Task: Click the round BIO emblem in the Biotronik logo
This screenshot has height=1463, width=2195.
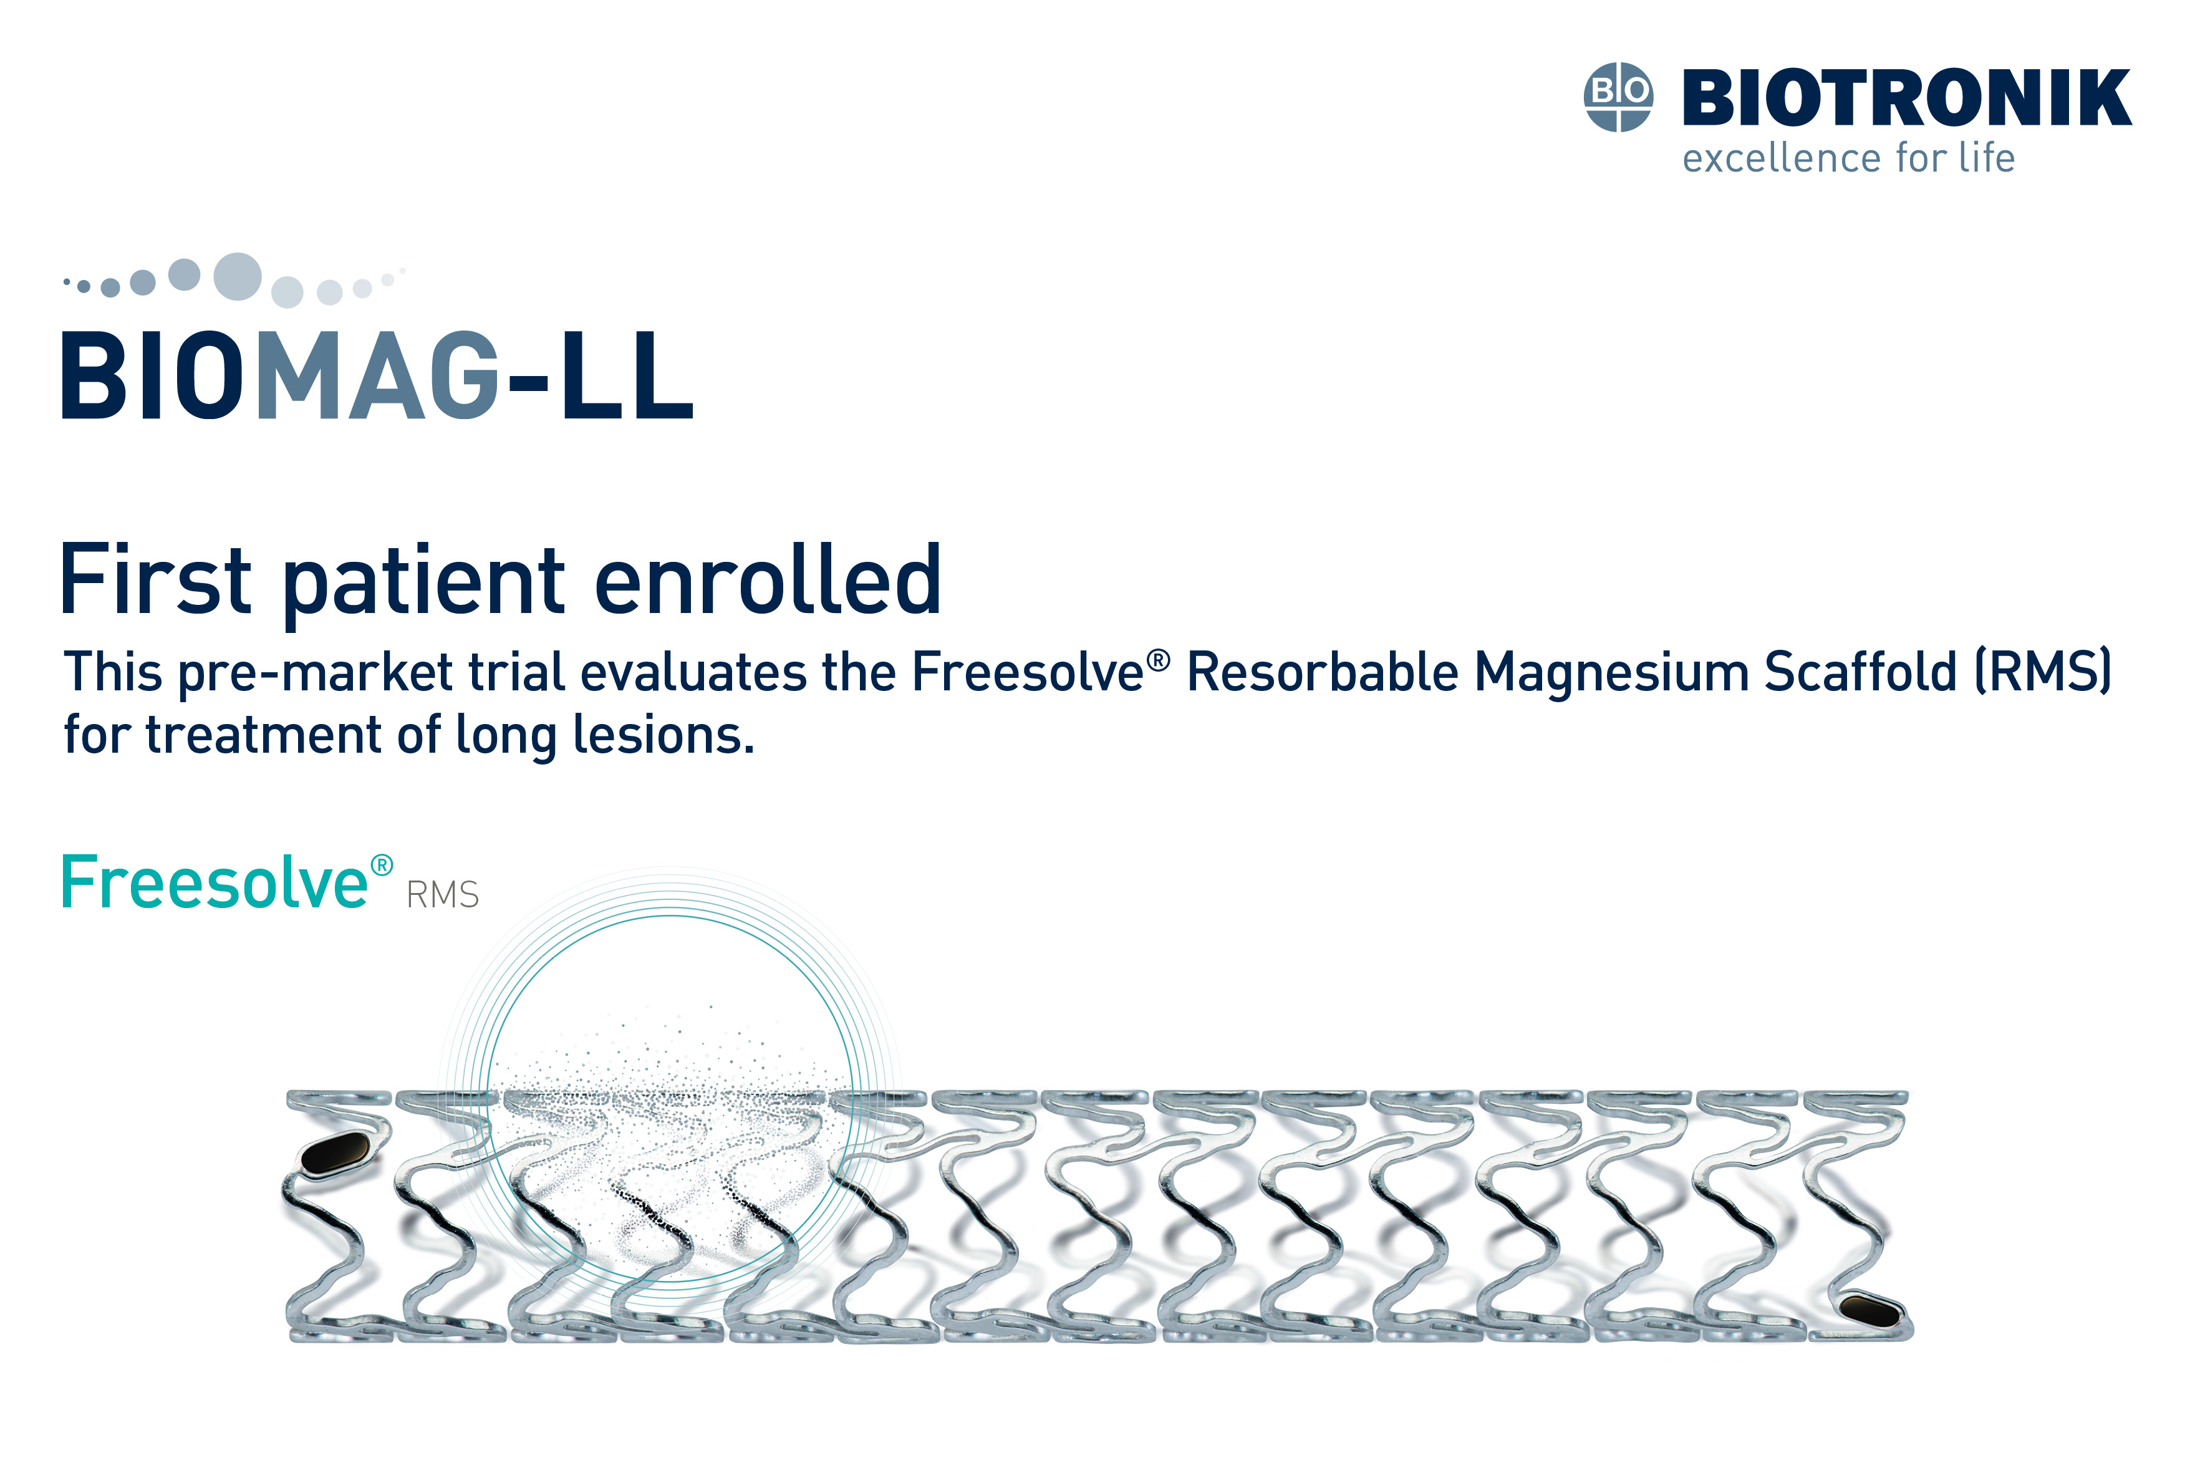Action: (x=1618, y=97)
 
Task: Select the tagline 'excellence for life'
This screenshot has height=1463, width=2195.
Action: (x=1848, y=158)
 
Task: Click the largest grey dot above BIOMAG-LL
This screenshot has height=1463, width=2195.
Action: (x=237, y=276)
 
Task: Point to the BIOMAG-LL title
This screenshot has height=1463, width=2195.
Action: (x=378, y=375)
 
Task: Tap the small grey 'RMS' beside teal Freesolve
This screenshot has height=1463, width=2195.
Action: (x=442, y=895)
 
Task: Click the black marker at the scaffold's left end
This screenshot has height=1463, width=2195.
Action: (x=336, y=1154)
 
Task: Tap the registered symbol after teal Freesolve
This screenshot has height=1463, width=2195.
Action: (x=382, y=866)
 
